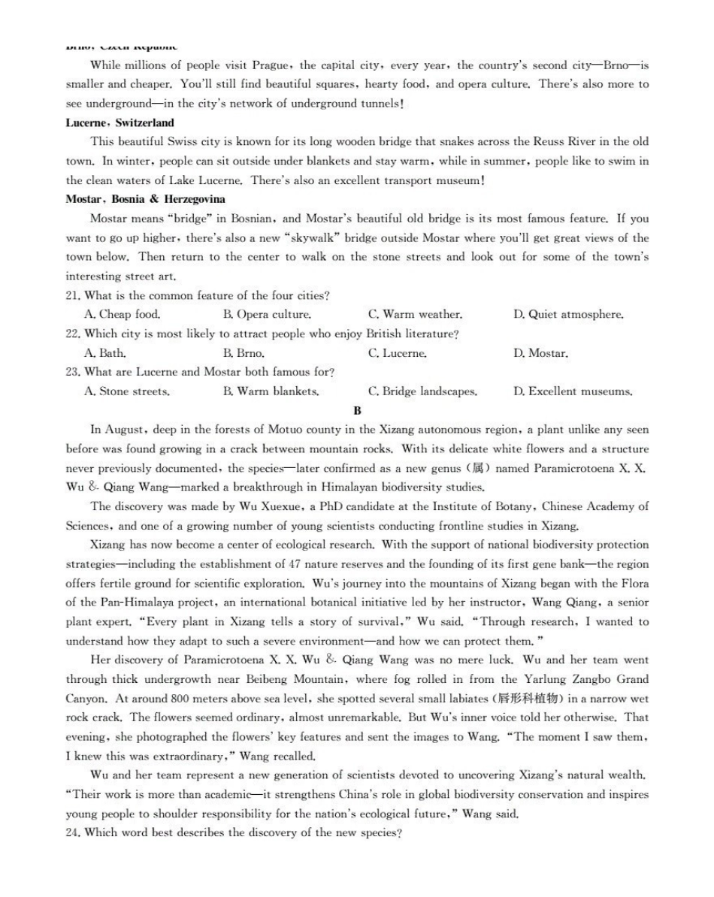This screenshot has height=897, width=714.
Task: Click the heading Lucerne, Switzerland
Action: [120, 122]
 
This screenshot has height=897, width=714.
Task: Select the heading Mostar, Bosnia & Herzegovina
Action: [146, 199]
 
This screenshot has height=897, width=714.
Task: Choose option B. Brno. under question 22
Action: [244, 353]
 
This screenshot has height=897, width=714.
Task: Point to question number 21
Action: [73, 296]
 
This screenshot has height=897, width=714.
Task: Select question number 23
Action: [73, 372]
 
